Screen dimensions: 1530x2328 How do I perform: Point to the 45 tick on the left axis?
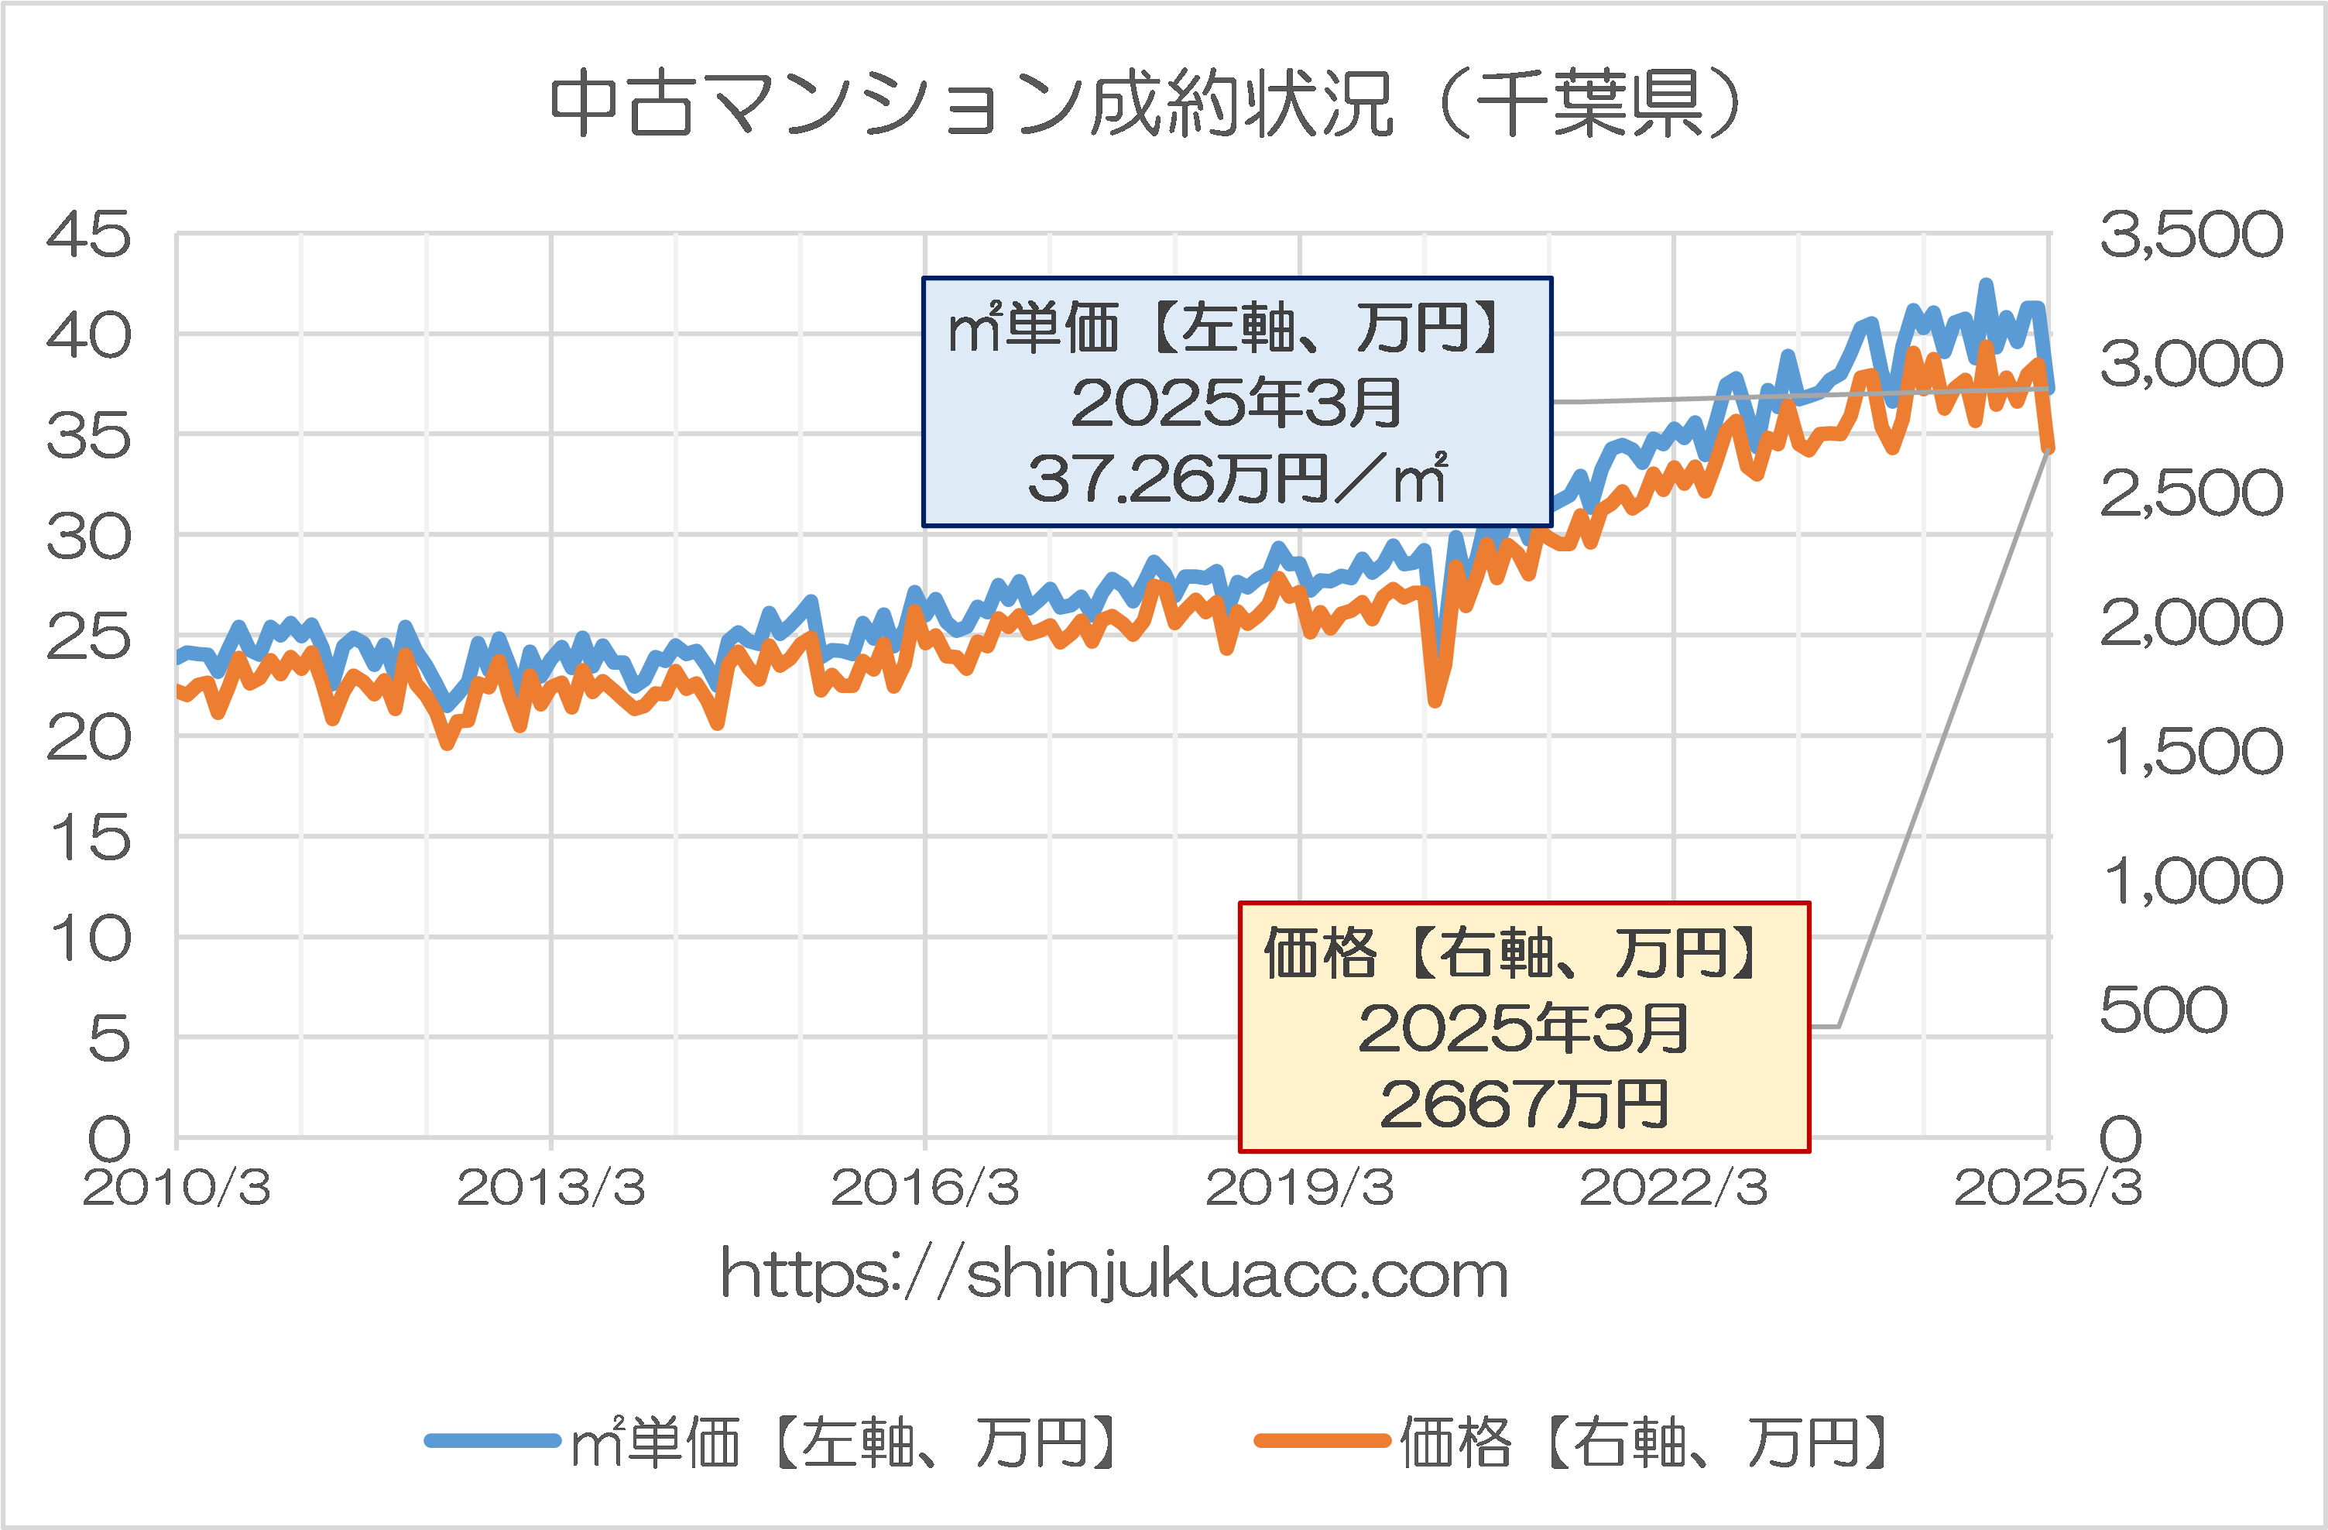(x=88, y=235)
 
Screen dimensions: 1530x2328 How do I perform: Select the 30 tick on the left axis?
(x=88, y=537)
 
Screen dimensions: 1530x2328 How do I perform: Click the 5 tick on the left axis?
(x=108, y=1039)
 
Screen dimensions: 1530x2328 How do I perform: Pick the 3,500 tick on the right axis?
(x=2191, y=235)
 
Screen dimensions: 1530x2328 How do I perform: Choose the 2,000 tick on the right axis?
(x=2191, y=623)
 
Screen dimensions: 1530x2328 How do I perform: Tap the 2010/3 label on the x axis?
(x=177, y=1189)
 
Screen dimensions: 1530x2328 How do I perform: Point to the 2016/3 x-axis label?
(x=925, y=1189)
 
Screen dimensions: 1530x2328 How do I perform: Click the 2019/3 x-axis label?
(x=1299, y=1189)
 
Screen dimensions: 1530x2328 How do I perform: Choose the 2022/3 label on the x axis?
(x=1674, y=1189)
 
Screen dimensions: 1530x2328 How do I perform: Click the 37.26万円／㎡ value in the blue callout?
(x=1236, y=479)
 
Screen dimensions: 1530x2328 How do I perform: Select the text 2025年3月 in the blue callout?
(x=1236, y=403)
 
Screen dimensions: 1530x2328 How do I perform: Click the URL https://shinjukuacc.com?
(x=1114, y=1274)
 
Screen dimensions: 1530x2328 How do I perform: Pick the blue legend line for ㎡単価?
(x=493, y=1440)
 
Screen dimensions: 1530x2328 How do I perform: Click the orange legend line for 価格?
(x=1322, y=1440)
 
